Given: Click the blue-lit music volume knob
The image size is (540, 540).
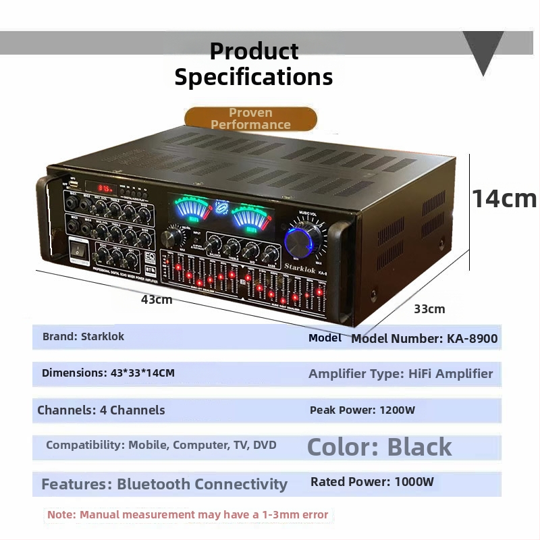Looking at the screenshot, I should (304, 240).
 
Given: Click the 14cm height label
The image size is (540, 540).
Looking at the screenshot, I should (504, 198).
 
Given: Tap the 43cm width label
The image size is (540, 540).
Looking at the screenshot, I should (157, 299).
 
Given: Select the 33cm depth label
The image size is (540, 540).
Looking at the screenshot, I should (429, 308).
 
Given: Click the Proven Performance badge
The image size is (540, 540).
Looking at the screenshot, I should (250, 118).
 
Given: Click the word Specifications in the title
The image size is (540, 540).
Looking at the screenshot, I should (254, 76).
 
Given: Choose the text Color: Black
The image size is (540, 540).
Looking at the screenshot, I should (379, 447).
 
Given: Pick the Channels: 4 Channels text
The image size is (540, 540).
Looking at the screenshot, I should (101, 410).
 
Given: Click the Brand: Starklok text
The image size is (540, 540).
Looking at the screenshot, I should (83, 336).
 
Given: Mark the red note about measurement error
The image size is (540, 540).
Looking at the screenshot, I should (188, 514).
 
